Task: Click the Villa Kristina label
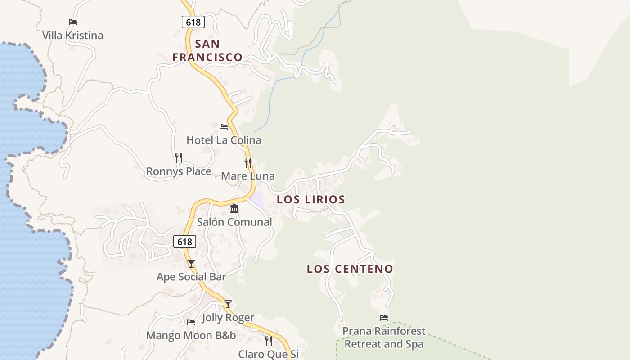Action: click(72, 36)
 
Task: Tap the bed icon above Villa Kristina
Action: click(73, 22)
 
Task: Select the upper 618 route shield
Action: click(193, 22)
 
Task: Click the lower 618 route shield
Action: click(184, 242)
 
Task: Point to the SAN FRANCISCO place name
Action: click(207, 50)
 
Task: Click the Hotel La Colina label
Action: click(224, 140)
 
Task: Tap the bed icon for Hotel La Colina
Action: click(224, 126)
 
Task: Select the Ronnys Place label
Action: click(179, 171)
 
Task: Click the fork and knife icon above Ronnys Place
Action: click(179, 157)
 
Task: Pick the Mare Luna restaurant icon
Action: click(248, 162)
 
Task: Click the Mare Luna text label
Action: click(248, 176)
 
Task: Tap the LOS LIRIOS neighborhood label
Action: click(311, 199)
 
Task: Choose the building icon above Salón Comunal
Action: click(234, 208)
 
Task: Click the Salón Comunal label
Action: click(234, 222)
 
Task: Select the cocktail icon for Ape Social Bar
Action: click(191, 263)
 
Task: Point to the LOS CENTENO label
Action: click(350, 269)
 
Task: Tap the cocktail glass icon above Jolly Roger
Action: click(228, 304)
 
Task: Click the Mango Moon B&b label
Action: click(191, 335)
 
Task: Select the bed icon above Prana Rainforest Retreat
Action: click(384, 318)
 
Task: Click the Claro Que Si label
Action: click(268, 354)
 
